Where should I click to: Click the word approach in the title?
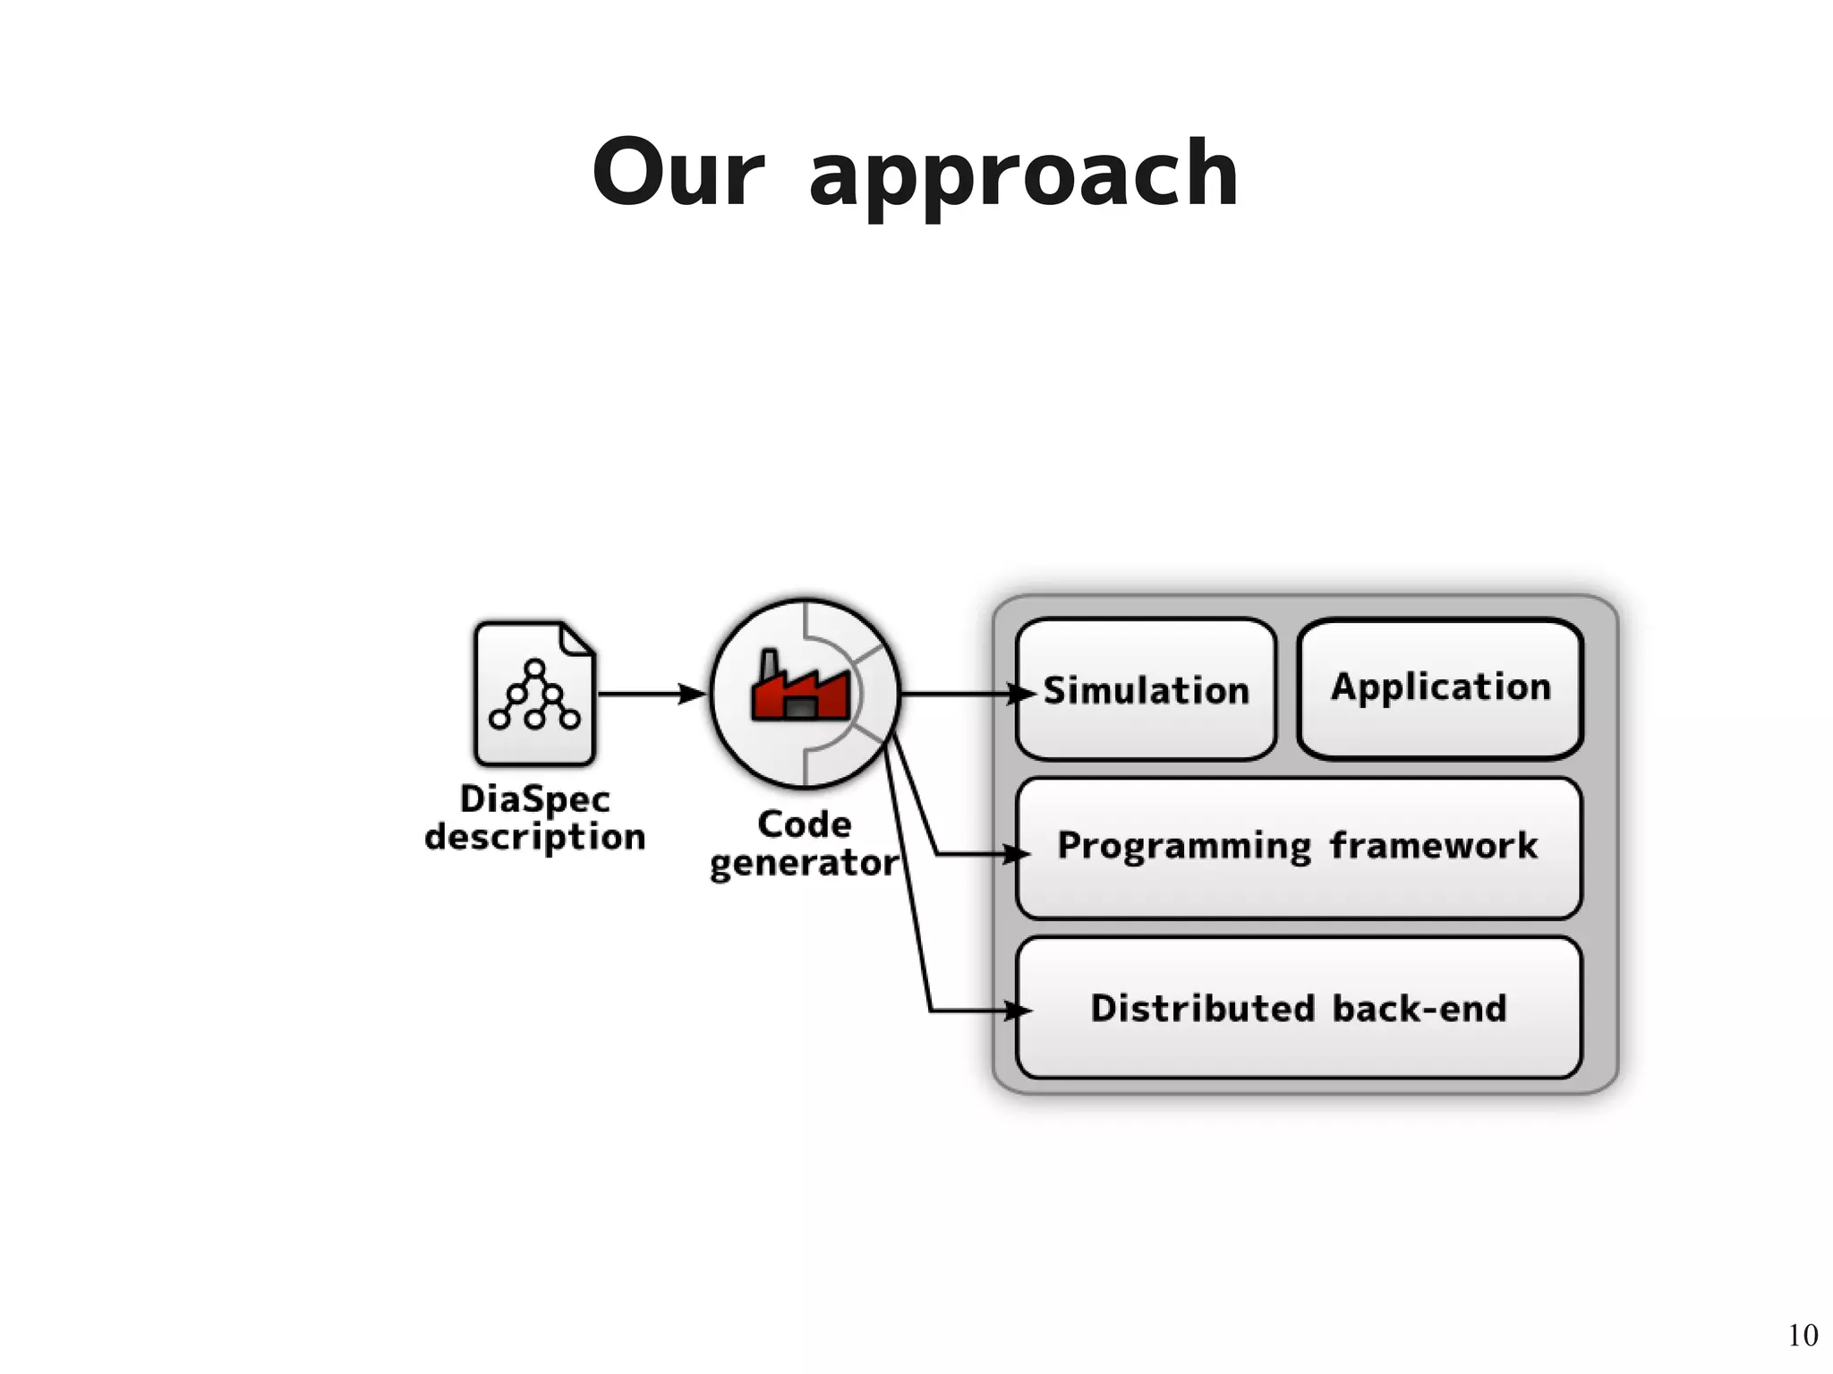click(x=1023, y=177)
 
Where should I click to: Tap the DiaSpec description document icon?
click(x=534, y=694)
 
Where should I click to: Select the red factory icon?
click(x=800, y=689)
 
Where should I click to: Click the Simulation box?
click(x=1146, y=690)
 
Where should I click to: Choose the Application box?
click(x=1440, y=687)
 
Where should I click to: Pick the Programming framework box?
click(x=1298, y=847)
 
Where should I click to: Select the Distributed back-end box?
click(x=1298, y=1008)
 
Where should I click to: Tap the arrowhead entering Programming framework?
click(x=1017, y=854)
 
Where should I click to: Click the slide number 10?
click(x=1803, y=1335)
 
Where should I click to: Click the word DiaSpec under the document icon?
click(x=534, y=799)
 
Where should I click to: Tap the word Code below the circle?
click(x=804, y=824)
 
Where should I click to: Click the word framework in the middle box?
click(x=1433, y=846)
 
